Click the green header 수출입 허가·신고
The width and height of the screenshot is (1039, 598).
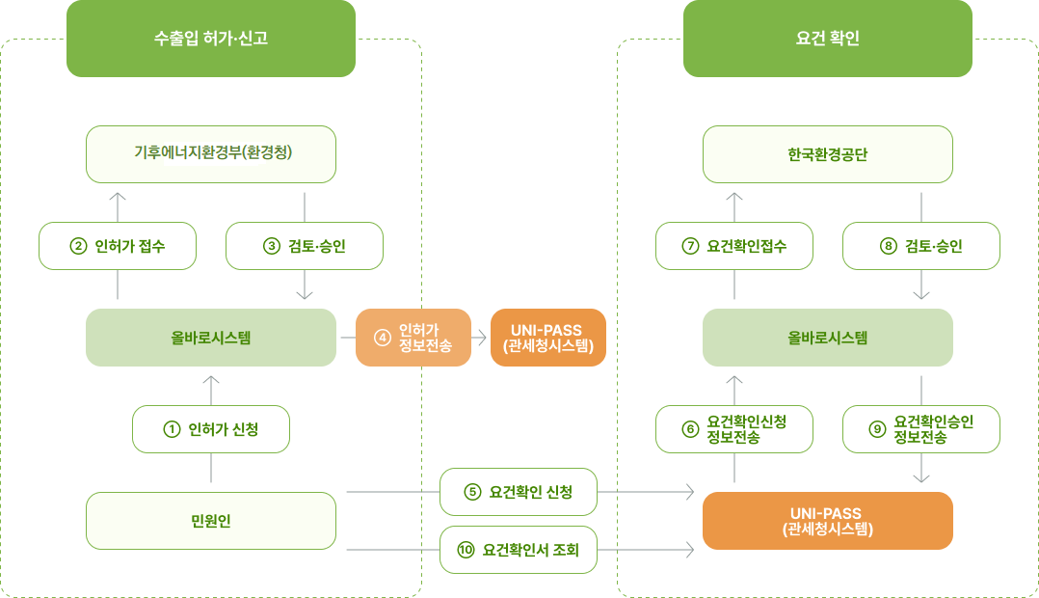click(x=210, y=39)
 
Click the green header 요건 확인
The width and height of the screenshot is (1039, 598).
click(x=827, y=39)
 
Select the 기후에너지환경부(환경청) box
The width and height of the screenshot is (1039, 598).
click(x=211, y=153)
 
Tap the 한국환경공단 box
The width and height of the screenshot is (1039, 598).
click(x=827, y=153)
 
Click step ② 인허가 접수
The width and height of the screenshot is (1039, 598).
click(x=118, y=246)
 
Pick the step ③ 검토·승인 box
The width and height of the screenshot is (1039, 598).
click(x=305, y=246)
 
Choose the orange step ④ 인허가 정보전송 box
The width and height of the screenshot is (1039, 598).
click(x=413, y=338)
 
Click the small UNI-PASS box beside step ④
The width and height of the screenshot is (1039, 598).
click(x=548, y=338)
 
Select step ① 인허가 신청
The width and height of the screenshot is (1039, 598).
click(x=211, y=429)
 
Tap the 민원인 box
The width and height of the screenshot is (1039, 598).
click(x=211, y=521)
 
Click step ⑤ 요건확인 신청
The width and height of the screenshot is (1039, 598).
click(x=519, y=492)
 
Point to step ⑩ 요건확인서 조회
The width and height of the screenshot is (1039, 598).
click(x=519, y=550)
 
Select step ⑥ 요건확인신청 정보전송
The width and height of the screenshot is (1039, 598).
click(x=734, y=429)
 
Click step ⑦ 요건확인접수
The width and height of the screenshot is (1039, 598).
click(x=734, y=246)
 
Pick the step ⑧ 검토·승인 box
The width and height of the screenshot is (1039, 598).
click(x=921, y=246)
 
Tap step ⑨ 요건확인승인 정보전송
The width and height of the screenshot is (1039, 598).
click(x=921, y=429)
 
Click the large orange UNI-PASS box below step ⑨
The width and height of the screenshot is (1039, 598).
click(x=827, y=521)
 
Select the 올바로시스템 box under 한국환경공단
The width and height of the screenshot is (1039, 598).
click(x=827, y=338)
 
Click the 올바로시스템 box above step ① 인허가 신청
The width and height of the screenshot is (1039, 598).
click(x=211, y=338)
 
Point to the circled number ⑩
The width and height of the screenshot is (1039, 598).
click(x=466, y=550)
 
